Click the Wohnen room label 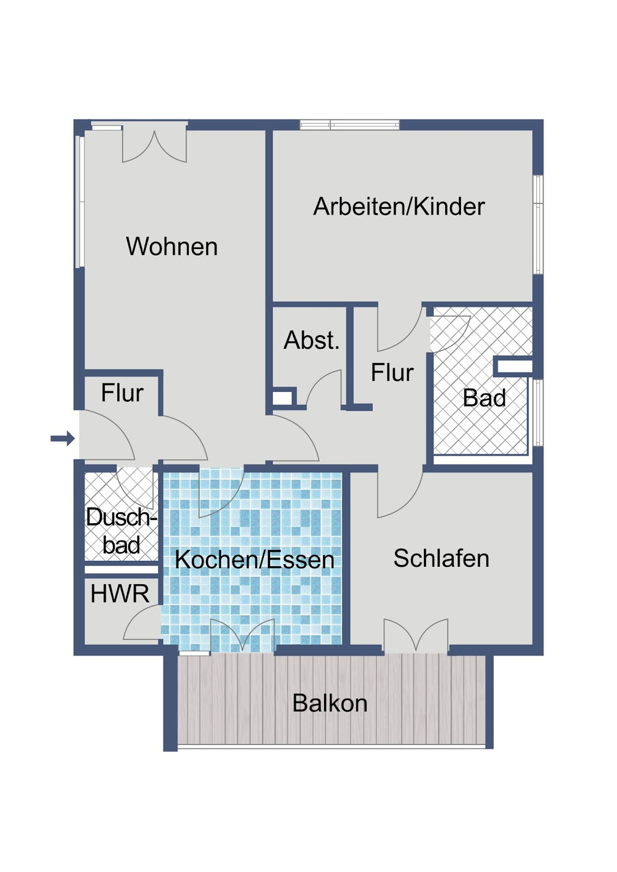click(x=172, y=247)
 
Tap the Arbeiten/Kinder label click(x=399, y=206)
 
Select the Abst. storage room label click(x=312, y=340)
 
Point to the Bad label click(x=484, y=398)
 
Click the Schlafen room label click(x=441, y=558)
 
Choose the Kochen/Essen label click(x=254, y=560)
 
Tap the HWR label click(x=120, y=594)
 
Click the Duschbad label click(x=121, y=531)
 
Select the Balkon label click(x=329, y=703)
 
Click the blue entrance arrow click(x=62, y=439)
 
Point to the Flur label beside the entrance click(x=122, y=393)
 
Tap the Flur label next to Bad click(x=392, y=373)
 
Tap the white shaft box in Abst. click(x=283, y=397)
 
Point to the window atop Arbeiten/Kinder click(x=349, y=125)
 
